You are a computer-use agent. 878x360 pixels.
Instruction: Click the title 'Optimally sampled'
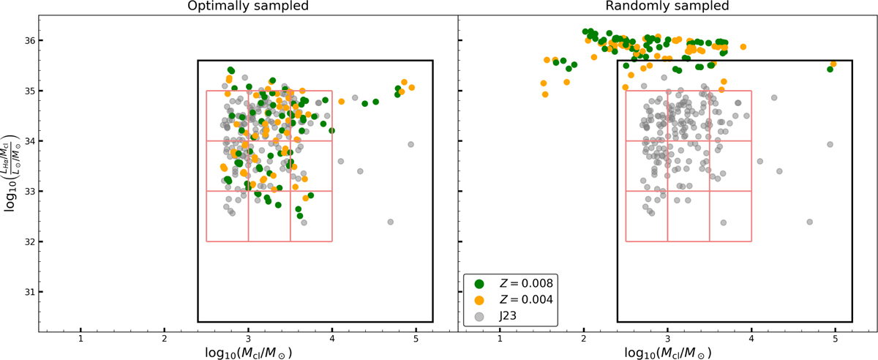coord(247,7)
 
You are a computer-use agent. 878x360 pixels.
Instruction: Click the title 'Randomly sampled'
coord(667,7)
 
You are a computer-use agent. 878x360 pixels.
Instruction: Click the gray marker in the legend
coord(479,316)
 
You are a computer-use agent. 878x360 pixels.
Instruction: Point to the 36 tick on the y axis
coord(27,41)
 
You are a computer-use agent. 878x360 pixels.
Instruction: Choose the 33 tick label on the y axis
coord(27,192)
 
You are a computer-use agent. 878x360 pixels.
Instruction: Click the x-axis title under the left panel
coord(247,352)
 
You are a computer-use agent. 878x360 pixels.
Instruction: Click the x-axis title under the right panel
coord(667,352)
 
